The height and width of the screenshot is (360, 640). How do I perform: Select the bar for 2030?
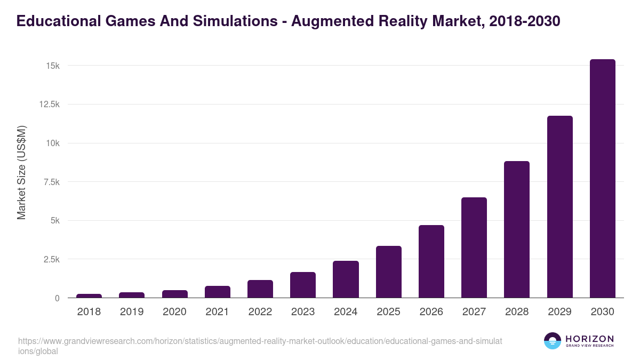pos(602,178)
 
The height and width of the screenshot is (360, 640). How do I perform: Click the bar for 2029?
pos(559,206)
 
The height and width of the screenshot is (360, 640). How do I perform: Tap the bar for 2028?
pos(517,229)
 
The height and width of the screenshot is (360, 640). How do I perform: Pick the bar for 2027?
pos(474,247)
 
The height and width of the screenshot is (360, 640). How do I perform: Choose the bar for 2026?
pos(431,261)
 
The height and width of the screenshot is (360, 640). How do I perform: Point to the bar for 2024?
pos(346,279)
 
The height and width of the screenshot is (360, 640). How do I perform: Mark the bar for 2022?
pos(260,289)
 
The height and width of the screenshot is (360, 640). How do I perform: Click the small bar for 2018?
pos(89,295)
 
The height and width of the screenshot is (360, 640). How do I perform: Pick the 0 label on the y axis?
pos(57,298)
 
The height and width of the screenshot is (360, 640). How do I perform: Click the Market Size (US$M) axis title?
pos(21,172)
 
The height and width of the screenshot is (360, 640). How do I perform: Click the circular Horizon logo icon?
pos(552,341)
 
